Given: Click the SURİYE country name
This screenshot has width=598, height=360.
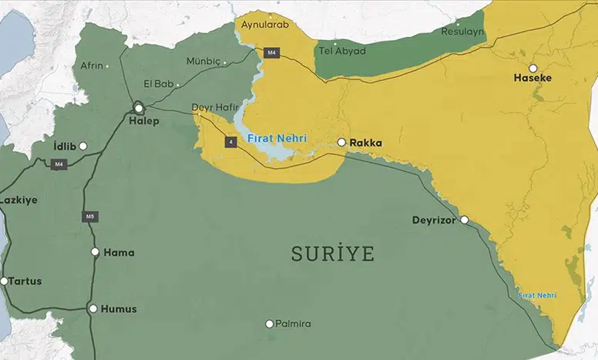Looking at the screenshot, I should (x=332, y=254).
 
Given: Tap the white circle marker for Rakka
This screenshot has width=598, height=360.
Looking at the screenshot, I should (x=341, y=143).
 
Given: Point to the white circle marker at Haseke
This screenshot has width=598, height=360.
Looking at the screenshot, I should (x=532, y=68).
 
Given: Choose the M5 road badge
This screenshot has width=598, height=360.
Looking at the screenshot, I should (x=89, y=217).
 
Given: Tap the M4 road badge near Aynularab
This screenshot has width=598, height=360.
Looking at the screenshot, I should (x=270, y=52).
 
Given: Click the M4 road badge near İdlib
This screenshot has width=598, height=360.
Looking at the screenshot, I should (x=59, y=163).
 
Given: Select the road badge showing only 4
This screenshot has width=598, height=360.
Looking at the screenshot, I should (x=230, y=143).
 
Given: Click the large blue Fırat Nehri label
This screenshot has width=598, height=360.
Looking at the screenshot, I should (x=277, y=138).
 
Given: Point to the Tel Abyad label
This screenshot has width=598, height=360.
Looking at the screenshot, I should (x=342, y=51).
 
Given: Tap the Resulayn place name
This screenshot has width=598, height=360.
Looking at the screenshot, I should (x=462, y=32).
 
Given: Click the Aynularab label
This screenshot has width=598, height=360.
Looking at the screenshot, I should (x=263, y=25).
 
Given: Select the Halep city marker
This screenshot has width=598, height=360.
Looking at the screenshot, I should (x=139, y=108).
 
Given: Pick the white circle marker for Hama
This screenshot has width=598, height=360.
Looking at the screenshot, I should (x=95, y=251).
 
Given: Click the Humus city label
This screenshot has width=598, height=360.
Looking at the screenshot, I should (x=119, y=309).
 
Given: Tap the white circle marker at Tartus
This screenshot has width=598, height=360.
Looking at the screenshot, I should (x=4, y=281).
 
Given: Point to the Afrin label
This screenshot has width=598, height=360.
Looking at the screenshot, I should (x=92, y=66).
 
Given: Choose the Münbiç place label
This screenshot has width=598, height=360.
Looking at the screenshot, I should (x=203, y=61).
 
